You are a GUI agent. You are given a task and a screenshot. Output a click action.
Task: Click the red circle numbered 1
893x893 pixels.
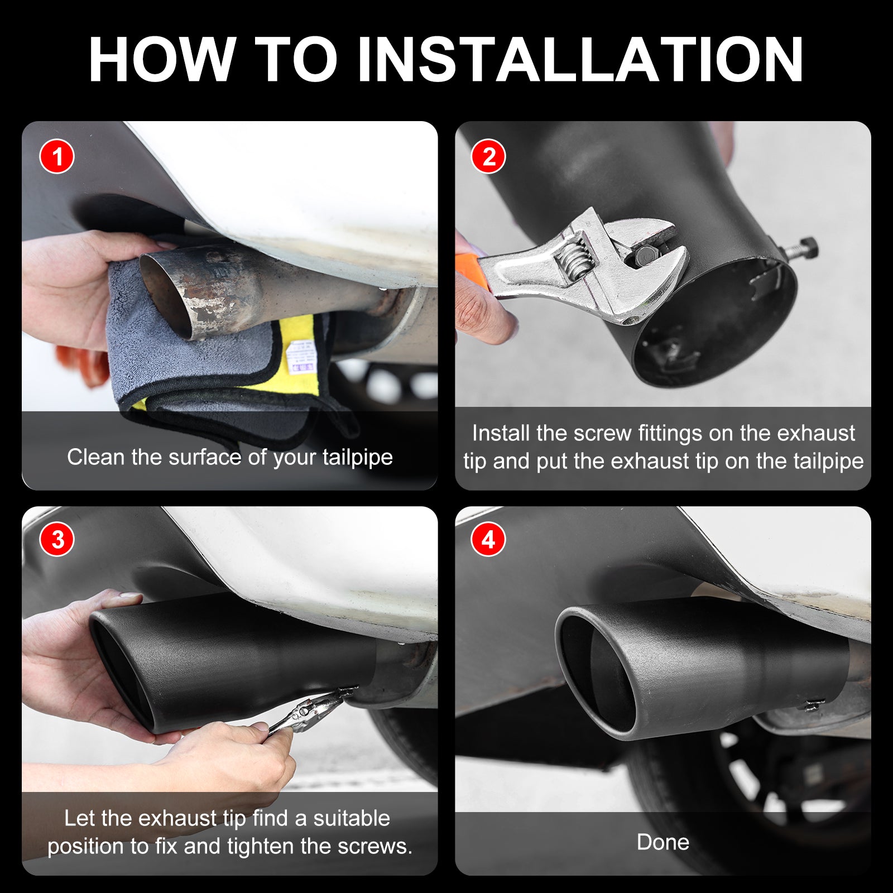tap(57, 156)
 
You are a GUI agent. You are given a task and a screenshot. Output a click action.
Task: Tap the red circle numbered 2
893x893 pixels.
tap(488, 156)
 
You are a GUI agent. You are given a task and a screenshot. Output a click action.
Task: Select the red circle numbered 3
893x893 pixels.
tap(57, 539)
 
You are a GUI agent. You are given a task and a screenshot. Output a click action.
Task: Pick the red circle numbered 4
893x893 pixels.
tap(488, 539)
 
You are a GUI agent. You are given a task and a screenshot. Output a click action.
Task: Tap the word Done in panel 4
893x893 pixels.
tap(663, 842)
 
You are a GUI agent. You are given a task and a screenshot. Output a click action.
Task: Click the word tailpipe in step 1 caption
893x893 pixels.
tap(358, 458)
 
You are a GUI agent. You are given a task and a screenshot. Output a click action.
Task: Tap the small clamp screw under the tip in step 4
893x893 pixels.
tap(812, 705)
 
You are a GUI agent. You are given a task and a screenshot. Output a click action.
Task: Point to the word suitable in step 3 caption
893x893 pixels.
tap(352, 819)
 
